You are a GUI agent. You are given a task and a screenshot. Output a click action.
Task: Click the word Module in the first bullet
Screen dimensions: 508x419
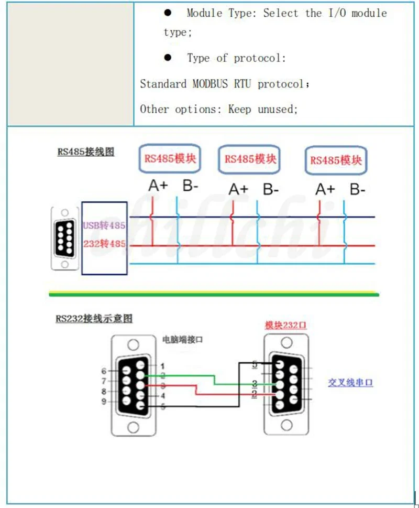pyautogui.click(x=204, y=13)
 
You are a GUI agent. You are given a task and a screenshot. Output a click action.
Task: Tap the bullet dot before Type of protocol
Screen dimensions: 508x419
pyautogui.click(x=168, y=58)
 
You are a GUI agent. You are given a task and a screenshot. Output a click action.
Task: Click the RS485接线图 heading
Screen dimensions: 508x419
pyautogui.click(x=86, y=152)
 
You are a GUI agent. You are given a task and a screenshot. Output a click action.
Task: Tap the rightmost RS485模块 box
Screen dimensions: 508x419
pyautogui.click(x=335, y=160)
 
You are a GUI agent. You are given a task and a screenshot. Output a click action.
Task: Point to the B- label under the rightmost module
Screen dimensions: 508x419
pyautogui.click(x=358, y=189)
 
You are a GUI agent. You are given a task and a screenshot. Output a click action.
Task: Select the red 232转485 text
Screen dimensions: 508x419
pyautogui.click(x=104, y=244)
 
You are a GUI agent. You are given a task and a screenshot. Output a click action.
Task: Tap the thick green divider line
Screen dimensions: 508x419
pyautogui.click(x=214, y=295)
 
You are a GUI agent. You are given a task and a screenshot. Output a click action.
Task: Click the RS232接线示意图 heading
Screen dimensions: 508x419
pyautogui.click(x=94, y=318)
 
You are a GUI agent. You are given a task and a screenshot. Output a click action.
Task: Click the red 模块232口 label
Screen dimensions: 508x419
pyautogui.click(x=285, y=325)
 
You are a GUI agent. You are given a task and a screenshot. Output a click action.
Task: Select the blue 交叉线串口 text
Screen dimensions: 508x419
pyautogui.click(x=350, y=383)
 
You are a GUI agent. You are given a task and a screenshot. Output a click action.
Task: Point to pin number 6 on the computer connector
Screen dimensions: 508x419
pyautogui.click(x=104, y=371)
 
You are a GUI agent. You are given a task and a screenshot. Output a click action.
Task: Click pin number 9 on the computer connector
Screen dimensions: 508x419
pyautogui.click(x=104, y=402)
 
